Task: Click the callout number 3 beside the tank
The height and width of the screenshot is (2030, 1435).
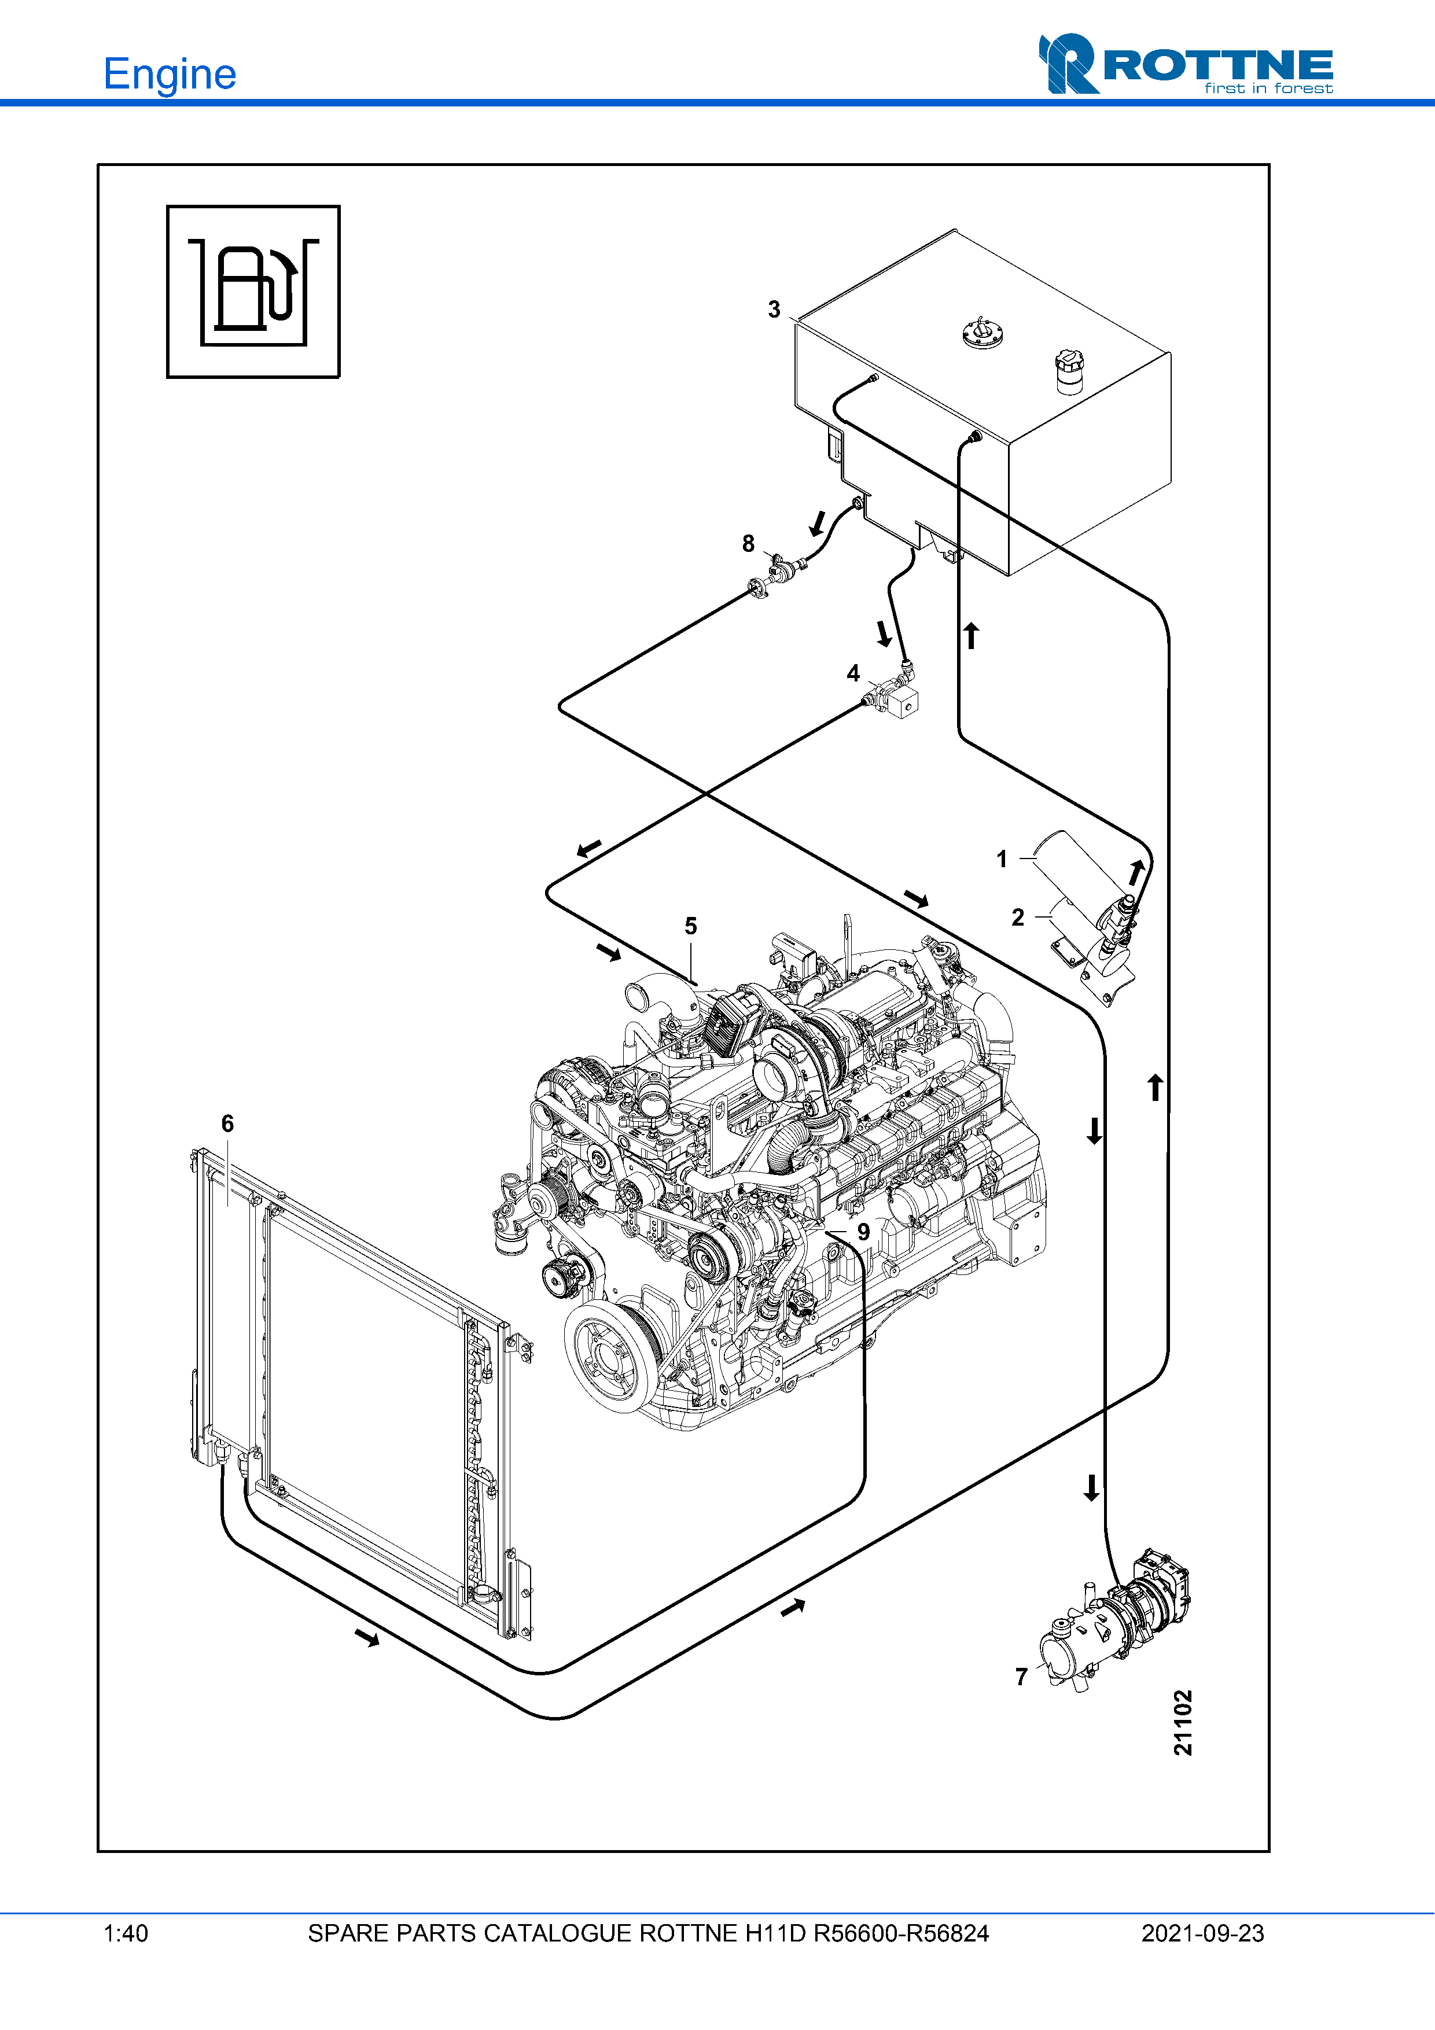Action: (x=774, y=310)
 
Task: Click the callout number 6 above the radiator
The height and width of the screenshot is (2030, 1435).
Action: (x=227, y=1123)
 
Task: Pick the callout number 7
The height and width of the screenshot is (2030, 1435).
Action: (x=1021, y=1677)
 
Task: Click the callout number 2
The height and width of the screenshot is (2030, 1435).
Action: (x=1018, y=917)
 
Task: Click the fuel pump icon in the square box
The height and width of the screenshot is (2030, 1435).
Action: (x=254, y=292)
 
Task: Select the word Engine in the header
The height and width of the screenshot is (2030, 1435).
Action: (x=170, y=73)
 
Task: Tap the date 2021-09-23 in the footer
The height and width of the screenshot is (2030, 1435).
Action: (x=1202, y=1933)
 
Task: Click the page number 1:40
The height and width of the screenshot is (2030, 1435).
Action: (x=126, y=1933)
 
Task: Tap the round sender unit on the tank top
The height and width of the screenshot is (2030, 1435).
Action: (x=983, y=334)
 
